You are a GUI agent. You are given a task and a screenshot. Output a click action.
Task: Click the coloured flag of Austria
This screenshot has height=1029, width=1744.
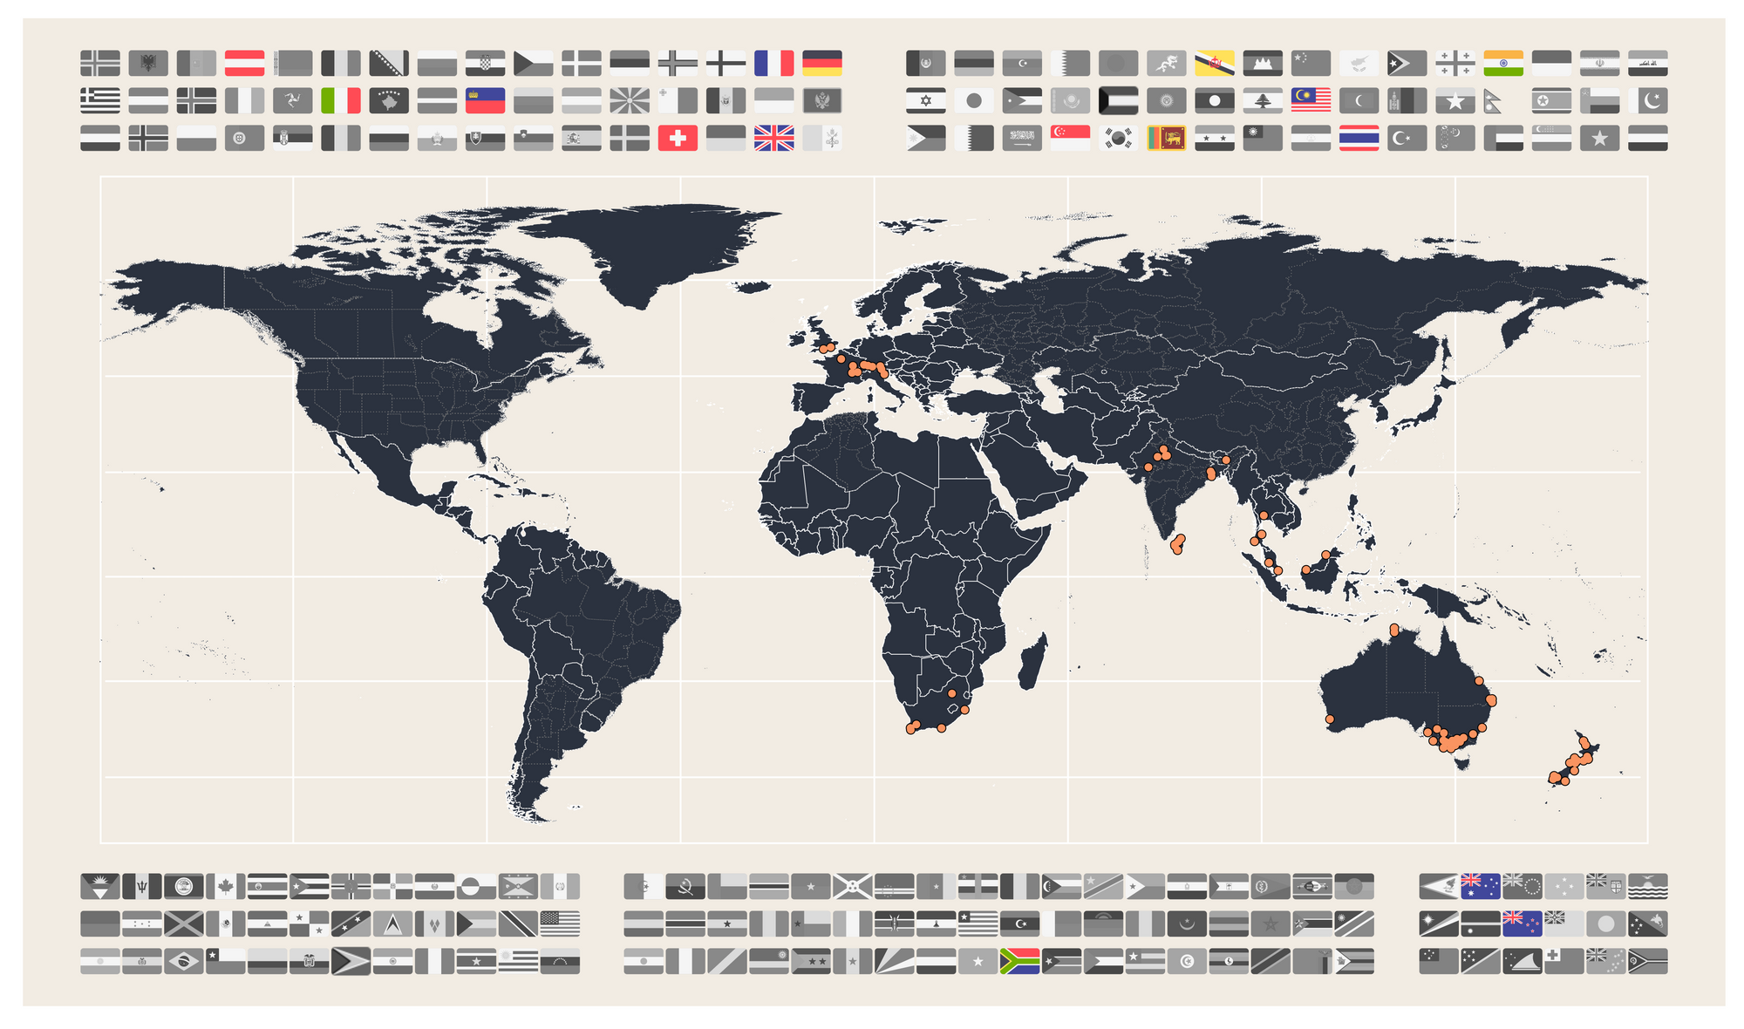click(x=244, y=63)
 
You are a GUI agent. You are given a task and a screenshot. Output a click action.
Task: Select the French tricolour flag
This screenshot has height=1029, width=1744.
click(x=773, y=63)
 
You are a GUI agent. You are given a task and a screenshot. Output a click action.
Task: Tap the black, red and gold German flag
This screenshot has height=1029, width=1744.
click(x=821, y=63)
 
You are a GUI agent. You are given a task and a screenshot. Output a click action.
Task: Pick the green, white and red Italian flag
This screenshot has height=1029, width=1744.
click(x=341, y=100)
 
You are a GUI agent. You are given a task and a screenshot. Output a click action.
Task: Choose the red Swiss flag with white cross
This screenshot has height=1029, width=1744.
click(x=678, y=138)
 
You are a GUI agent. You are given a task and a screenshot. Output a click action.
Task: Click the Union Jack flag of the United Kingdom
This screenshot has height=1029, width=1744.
click(x=773, y=138)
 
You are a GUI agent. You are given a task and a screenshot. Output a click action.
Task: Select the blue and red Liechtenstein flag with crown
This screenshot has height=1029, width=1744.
click(x=485, y=100)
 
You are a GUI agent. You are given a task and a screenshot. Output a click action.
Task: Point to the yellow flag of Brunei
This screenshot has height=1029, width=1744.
click(x=1214, y=63)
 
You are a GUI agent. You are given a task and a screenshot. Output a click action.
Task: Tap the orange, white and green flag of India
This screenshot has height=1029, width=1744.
click(x=1503, y=63)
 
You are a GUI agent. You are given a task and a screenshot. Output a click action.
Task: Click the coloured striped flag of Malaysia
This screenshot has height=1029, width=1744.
click(x=1311, y=100)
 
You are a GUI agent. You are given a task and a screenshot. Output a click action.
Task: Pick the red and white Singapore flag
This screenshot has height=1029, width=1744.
click(x=1070, y=138)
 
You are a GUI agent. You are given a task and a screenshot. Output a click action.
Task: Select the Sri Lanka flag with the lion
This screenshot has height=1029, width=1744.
click(x=1166, y=138)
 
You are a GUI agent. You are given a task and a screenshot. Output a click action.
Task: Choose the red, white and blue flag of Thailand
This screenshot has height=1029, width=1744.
click(x=1359, y=138)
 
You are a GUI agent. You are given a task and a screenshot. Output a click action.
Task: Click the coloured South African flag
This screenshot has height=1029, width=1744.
click(x=1019, y=961)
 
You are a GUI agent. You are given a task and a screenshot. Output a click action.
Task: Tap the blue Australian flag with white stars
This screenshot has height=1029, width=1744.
click(x=1480, y=886)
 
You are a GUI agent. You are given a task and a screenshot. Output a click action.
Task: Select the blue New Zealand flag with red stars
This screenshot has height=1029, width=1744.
click(x=1522, y=923)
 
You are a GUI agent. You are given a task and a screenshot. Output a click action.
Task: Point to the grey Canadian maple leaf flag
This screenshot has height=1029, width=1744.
click(x=225, y=887)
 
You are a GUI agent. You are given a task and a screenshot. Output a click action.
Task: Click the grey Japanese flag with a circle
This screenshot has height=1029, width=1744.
click(x=974, y=100)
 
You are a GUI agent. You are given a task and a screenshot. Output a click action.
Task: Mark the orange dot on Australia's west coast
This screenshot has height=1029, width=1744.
click(x=1330, y=719)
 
